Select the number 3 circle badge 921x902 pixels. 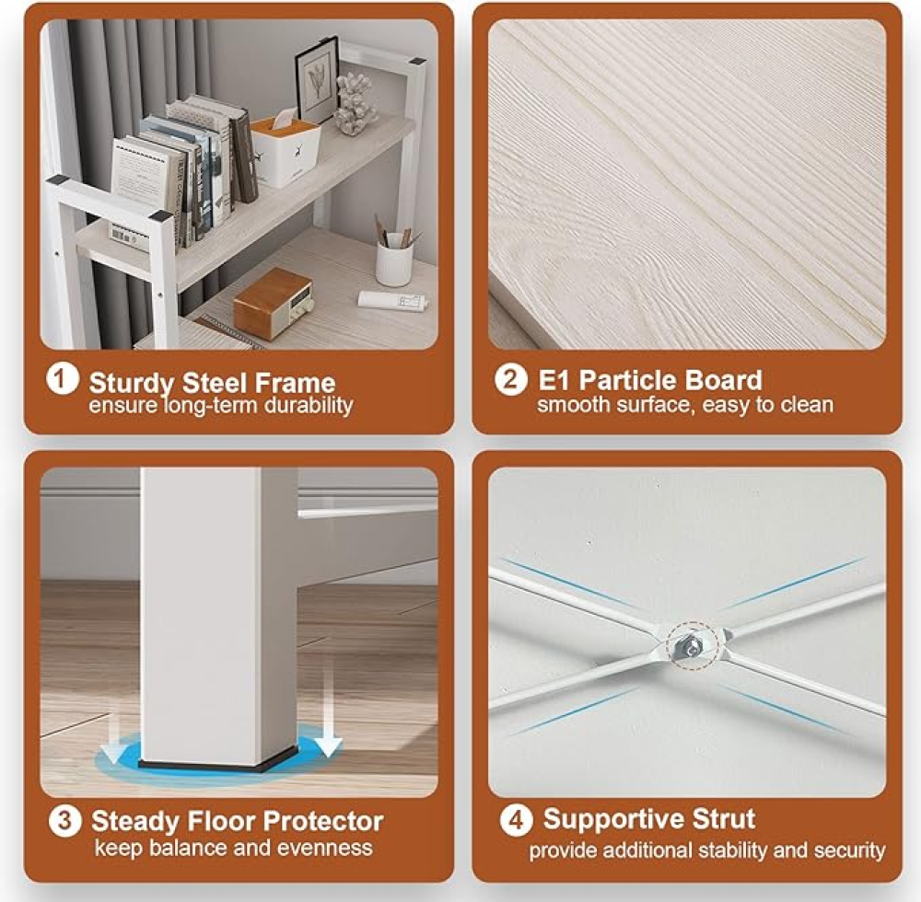pyautogui.click(x=64, y=820)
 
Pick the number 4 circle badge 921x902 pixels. pyautogui.click(x=516, y=819)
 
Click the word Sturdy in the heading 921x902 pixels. pyautogui.click(x=132, y=384)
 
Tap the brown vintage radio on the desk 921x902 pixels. pyautogui.click(x=274, y=304)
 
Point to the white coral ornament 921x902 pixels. pyautogui.click(x=356, y=103)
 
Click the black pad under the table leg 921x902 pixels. pyautogui.click(x=218, y=765)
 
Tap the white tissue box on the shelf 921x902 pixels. pyautogui.click(x=286, y=150)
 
